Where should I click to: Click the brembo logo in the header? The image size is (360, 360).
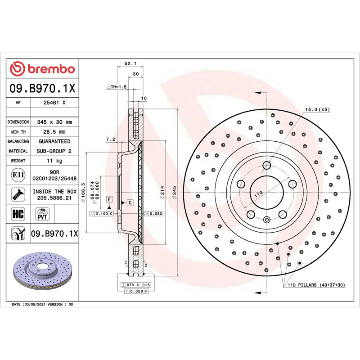[x=42, y=69]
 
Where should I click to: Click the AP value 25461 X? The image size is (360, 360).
[x=54, y=103]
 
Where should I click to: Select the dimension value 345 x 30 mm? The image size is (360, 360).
[x=54, y=122]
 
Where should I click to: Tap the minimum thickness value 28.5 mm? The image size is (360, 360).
[x=54, y=132]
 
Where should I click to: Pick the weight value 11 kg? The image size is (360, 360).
[x=54, y=161]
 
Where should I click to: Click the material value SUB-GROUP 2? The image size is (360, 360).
[x=54, y=151]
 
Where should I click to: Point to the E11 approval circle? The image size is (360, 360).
[x=18, y=175]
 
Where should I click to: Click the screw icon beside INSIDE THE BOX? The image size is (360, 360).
[x=18, y=195]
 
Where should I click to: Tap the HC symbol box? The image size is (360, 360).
[x=18, y=214]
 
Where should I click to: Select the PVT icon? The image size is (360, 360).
[x=42, y=214]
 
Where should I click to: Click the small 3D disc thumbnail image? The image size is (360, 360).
[x=43, y=271]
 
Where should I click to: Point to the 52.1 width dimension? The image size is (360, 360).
[x=130, y=63]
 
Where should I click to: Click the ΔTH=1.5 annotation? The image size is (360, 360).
[x=117, y=87]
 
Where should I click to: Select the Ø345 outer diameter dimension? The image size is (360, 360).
[x=174, y=193]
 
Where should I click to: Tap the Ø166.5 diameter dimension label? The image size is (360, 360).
[x=83, y=193]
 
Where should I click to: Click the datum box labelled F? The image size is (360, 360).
[x=109, y=199]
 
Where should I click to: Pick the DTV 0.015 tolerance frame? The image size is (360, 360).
[x=136, y=285]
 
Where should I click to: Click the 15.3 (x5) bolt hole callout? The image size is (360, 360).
[x=318, y=109]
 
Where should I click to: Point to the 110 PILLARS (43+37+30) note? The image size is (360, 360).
[x=316, y=285]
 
